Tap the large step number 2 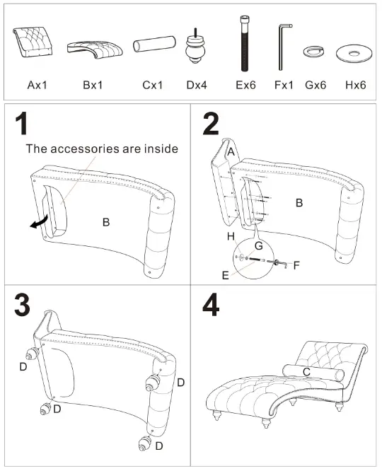(211, 125)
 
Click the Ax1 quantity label (37, 85)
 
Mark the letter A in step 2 (231, 152)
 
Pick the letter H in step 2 (230, 234)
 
